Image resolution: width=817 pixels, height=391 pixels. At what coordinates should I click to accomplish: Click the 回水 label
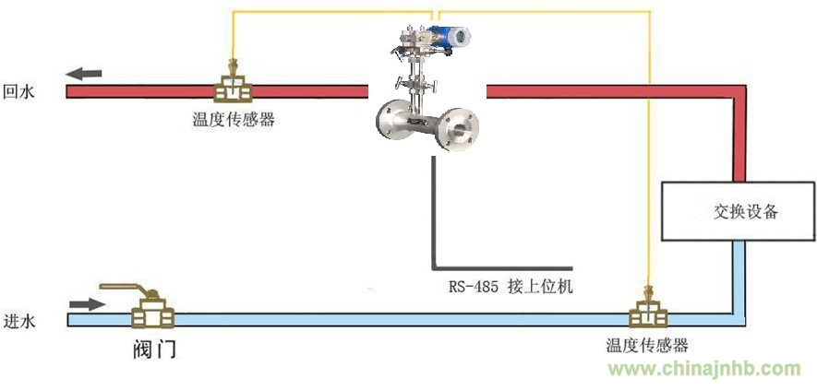(19, 91)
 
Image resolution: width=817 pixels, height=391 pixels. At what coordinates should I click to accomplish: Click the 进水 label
(19, 322)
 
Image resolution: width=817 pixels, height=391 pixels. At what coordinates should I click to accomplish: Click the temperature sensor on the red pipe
(234, 85)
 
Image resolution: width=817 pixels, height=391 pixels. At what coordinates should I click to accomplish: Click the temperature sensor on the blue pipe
(648, 312)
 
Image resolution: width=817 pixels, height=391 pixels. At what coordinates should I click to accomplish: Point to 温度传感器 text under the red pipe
(234, 119)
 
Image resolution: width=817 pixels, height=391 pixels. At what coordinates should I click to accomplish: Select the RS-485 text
(472, 287)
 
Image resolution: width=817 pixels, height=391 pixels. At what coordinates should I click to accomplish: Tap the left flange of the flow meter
(392, 122)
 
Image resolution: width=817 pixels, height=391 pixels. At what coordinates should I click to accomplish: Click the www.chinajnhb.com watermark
(703, 369)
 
